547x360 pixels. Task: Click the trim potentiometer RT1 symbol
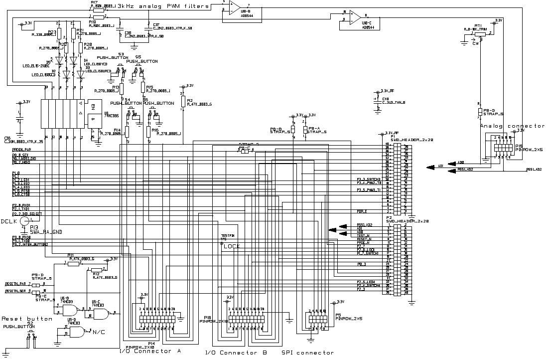(x=479, y=34)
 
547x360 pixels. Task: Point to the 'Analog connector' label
(x=512, y=126)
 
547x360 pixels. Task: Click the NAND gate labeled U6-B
(x=70, y=310)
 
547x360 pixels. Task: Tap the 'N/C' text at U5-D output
(x=99, y=332)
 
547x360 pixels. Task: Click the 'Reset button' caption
(x=27, y=319)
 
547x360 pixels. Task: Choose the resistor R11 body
(x=73, y=264)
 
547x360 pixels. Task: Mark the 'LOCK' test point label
(x=231, y=246)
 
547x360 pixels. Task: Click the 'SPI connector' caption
(x=307, y=353)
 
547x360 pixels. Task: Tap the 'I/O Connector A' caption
(x=150, y=351)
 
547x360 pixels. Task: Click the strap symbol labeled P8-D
(x=480, y=111)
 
